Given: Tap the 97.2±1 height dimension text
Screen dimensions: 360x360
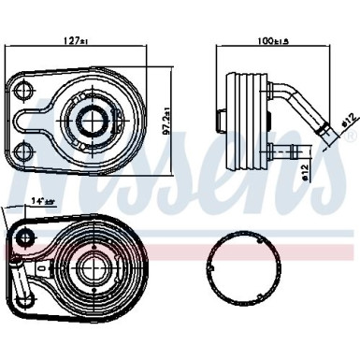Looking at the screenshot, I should tap(167, 120).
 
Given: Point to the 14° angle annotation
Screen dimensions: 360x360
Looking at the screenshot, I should tap(41, 200).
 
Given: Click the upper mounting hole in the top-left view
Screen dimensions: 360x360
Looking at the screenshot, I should tap(22, 91).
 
